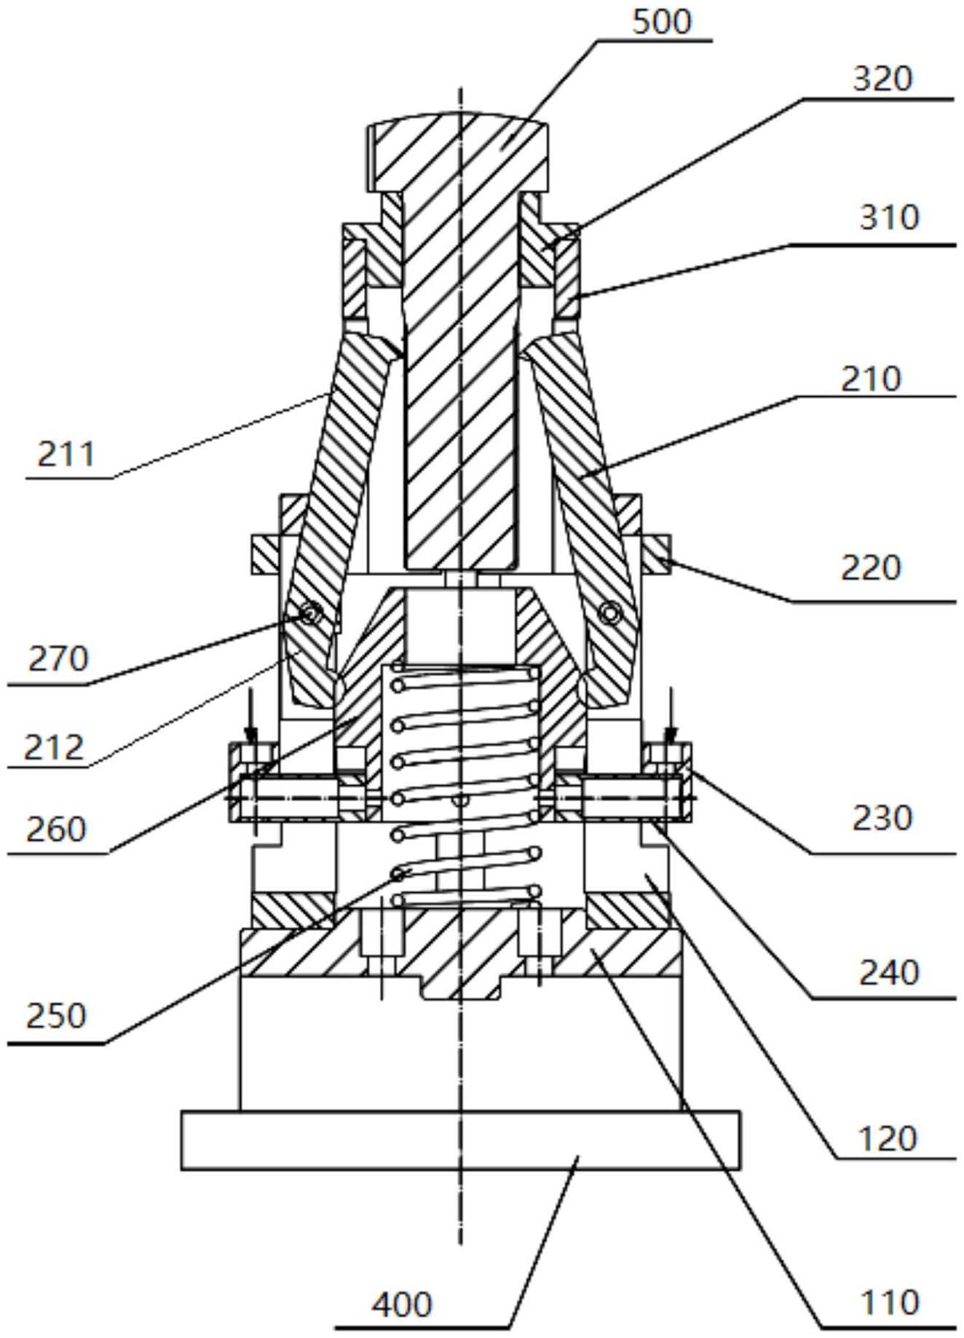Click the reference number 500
point(661,22)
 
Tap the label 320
point(882,79)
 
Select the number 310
point(889,218)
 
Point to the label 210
point(871,379)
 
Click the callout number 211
point(66,455)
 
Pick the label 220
point(871,568)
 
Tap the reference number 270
point(58,659)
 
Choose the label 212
point(54,748)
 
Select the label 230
point(882,819)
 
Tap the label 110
point(889,1302)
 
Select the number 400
point(402,1304)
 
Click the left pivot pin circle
point(311,615)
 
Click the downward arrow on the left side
point(250,717)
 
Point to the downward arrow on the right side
point(671,717)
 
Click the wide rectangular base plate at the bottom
point(461,1141)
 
